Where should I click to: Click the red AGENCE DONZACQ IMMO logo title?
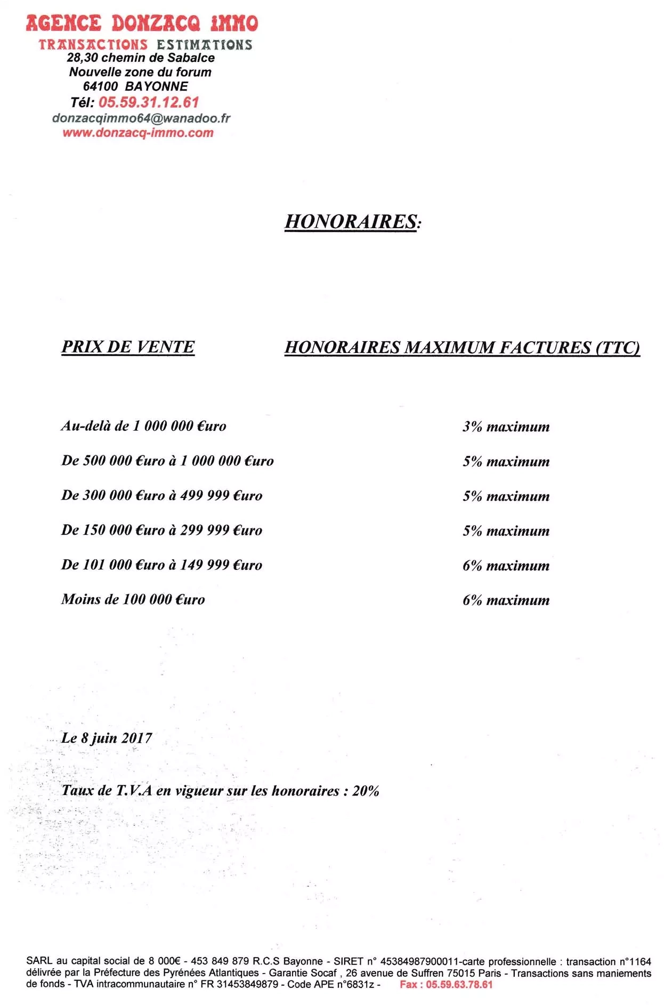(x=142, y=23)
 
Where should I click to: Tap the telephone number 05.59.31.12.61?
(x=149, y=102)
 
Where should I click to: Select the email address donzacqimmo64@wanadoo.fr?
(x=141, y=118)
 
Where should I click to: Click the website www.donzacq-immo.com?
(x=138, y=133)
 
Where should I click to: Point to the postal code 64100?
(x=100, y=86)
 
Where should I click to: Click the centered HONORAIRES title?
(x=352, y=221)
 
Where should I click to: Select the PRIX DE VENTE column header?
(x=128, y=347)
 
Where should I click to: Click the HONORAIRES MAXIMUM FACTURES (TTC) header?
(x=462, y=348)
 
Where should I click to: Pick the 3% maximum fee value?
(x=506, y=427)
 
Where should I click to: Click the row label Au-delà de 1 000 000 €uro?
(x=143, y=426)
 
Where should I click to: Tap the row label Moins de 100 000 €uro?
(x=133, y=599)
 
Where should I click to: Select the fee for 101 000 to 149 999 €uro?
(x=506, y=565)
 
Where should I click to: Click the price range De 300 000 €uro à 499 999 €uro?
(x=161, y=495)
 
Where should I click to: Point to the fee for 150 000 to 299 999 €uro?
(x=506, y=530)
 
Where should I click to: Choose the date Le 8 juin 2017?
(x=107, y=738)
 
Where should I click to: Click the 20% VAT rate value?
(x=366, y=791)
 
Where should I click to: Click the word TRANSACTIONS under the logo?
(x=93, y=45)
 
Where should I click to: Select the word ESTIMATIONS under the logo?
(x=204, y=45)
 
